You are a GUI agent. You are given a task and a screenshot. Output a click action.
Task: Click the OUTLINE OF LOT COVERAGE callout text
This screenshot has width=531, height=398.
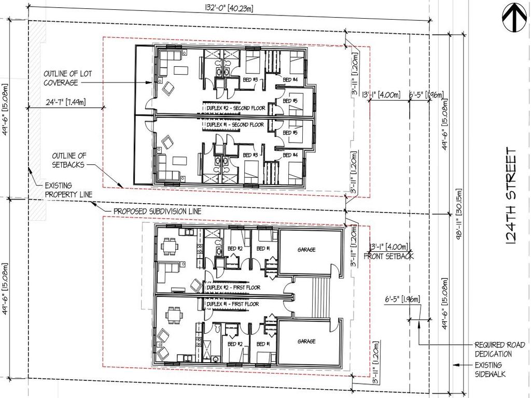pos(67,78)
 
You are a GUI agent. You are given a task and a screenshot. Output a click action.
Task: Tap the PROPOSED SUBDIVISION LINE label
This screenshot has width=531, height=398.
pos(157,211)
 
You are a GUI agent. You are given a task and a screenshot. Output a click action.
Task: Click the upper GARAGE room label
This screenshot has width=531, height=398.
pos(306,250)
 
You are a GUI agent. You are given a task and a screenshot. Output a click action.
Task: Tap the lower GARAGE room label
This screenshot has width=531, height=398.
pos(306,342)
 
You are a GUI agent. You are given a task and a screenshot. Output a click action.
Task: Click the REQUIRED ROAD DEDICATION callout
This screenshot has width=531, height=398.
pos(500,349)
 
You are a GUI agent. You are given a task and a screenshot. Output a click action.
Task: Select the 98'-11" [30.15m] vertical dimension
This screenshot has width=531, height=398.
pos(458,213)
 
